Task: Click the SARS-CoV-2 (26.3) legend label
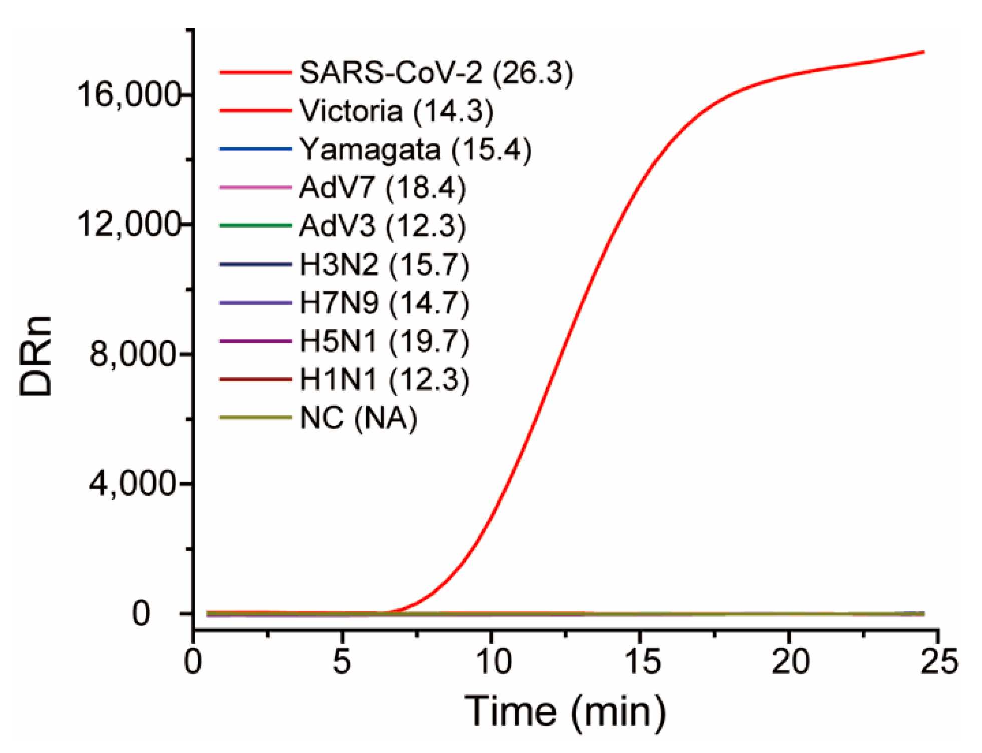[x=436, y=73]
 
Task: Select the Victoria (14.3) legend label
[x=396, y=111]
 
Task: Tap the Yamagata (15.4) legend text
[x=415, y=150]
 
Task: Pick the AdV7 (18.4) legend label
[x=382, y=188]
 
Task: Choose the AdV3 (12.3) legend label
[x=382, y=226]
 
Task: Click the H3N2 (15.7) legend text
[x=384, y=265]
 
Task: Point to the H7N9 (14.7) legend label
[x=384, y=303]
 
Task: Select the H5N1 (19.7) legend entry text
[x=384, y=342]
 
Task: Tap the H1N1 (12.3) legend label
[x=384, y=380]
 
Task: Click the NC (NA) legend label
[x=358, y=418]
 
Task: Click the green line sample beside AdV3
[x=255, y=226]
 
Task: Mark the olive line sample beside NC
[x=255, y=417]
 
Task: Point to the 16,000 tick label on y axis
[x=128, y=95]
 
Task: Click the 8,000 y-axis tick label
[x=133, y=354]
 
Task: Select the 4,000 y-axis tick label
[x=133, y=484]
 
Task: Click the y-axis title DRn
[x=36, y=356]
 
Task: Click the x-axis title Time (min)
[x=565, y=711]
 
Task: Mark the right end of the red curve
[x=923, y=52]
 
